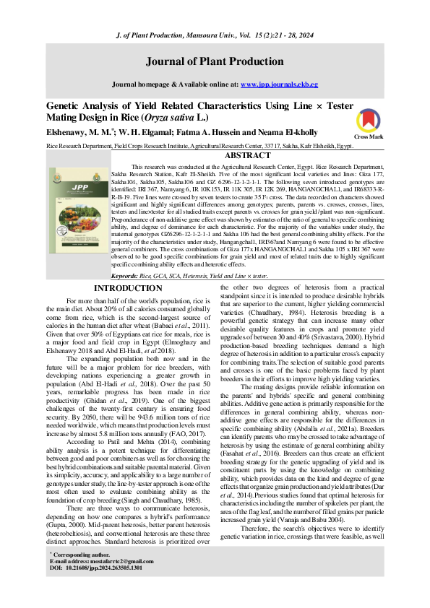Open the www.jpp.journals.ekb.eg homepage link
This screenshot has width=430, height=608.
(279, 84)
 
